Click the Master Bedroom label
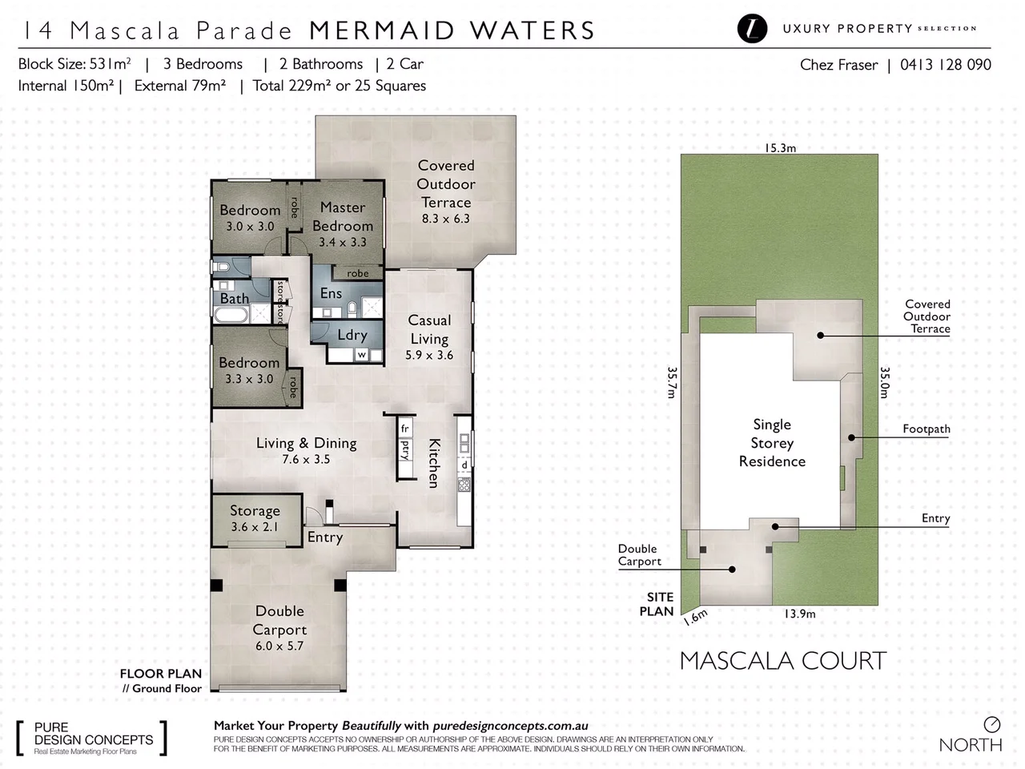(x=343, y=216)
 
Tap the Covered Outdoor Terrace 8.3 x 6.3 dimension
(x=446, y=219)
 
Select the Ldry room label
(x=352, y=335)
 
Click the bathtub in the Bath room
(x=231, y=316)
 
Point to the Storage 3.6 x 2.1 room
(x=255, y=518)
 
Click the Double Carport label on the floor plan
(x=279, y=620)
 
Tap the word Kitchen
(x=433, y=463)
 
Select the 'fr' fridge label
(x=405, y=429)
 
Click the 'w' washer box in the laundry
(x=361, y=354)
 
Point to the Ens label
(x=331, y=293)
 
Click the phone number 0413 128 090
(x=945, y=65)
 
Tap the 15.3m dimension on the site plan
(x=780, y=147)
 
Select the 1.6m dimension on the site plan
(x=695, y=616)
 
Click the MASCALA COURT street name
(x=782, y=661)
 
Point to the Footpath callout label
(x=926, y=429)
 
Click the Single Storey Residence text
(x=772, y=443)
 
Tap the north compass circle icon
(x=991, y=724)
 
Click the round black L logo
(x=752, y=29)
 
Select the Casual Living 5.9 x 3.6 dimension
(x=429, y=355)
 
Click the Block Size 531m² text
(x=74, y=64)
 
